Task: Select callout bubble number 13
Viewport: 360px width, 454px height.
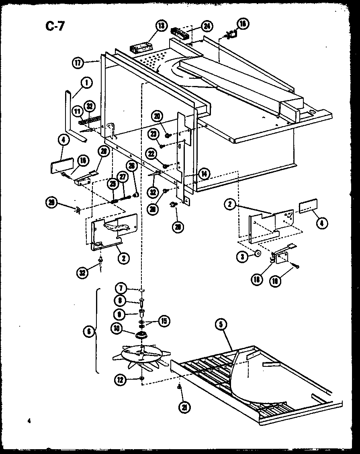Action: [x=161, y=26]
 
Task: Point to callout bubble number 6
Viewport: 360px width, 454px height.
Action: [x=89, y=331]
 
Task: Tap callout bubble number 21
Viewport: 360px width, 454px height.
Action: [x=185, y=407]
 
